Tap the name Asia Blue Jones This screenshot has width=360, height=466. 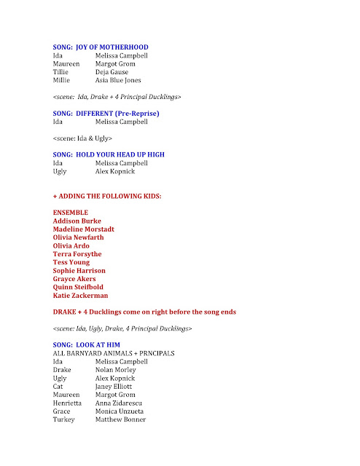pyautogui.click(x=118, y=80)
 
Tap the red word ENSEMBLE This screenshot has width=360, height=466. pyautogui.click(x=72, y=213)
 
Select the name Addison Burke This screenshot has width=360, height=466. pyautogui.click(x=77, y=221)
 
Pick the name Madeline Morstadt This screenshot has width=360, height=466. pyautogui.click(x=83, y=229)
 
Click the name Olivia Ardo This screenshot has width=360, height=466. pyautogui.click(x=71, y=246)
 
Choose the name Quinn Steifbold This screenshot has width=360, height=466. pyautogui.click(x=79, y=288)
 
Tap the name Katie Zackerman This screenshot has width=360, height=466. pyautogui.click(x=81, y=296)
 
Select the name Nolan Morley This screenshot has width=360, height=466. pyautogui.click(x=116, y=370)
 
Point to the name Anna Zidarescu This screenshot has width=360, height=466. pyautogui.click(x=120, y=403)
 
